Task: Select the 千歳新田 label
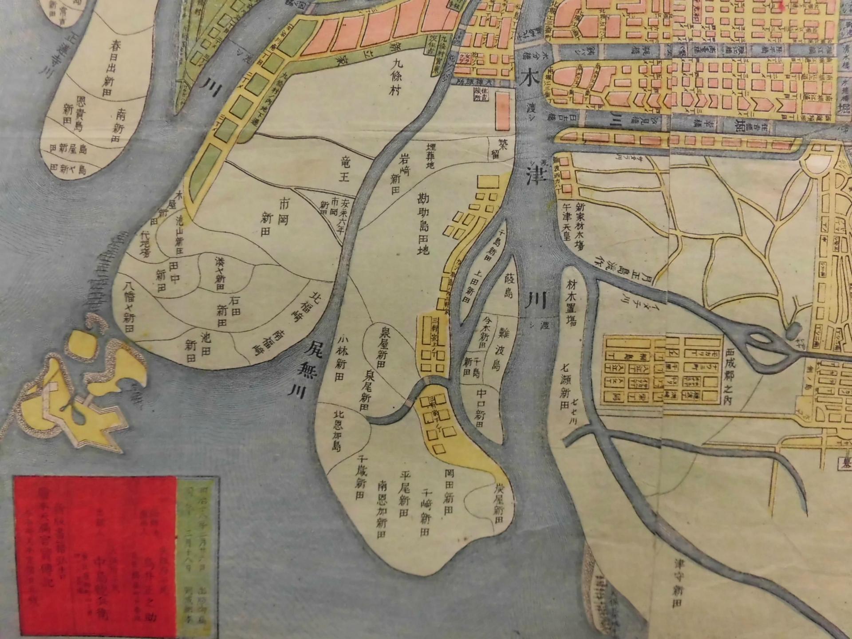pos(360,477)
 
